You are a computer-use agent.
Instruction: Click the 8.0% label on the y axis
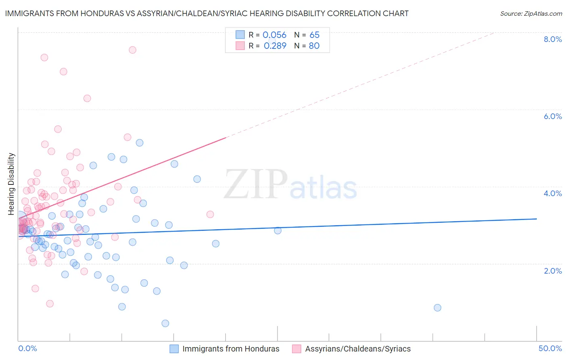click(x=552, y=39)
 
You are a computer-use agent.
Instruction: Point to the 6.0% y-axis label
click(x=552, y=116)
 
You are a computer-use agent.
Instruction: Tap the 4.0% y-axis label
click(x=552, y=193)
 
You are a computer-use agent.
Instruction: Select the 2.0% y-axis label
click(x=552, y=271)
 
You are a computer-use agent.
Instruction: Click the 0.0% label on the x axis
click(x=27, y=348)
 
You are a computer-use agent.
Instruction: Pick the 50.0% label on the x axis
click(x=550, y=348)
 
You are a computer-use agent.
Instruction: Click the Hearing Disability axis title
click(x=11, y=184)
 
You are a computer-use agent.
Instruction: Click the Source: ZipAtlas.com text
click(x=531, y=14)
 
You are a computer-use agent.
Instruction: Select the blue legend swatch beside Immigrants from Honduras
click(x=174, y=349)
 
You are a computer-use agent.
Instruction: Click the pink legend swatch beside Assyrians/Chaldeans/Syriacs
click(x=297, y=349)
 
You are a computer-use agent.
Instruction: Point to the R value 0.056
click(x=274, y=35)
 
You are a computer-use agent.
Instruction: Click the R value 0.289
click(x=275, y=46)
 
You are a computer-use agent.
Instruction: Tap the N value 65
click(x=315, y=35)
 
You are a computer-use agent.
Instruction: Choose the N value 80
click(x=314, y=46)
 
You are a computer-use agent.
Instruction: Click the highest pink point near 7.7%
click(x=132, y=50)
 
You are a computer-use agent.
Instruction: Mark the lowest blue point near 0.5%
click(x=165, y=323)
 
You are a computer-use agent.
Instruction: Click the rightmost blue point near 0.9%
click(x=437, y=308)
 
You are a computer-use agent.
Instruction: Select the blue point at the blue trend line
click(x=277, y=230)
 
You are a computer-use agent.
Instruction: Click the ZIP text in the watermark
click(x=256, y=184)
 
